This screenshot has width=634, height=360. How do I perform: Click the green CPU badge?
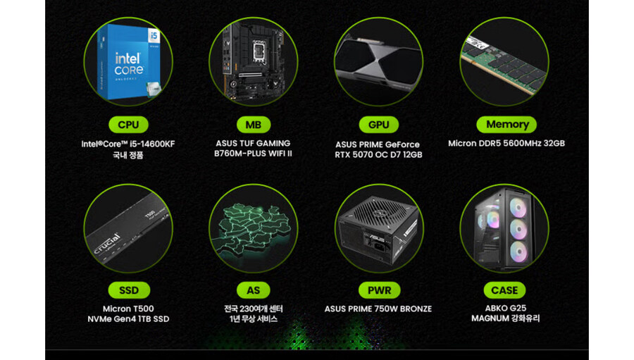coord(128,125)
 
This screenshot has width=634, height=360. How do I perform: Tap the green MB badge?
coord(253,125)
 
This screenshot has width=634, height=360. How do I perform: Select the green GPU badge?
coord(378,125)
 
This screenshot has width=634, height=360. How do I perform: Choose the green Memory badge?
coord(506,124)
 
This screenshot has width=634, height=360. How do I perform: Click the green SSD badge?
coord(129,290)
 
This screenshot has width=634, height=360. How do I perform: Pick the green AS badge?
coord(253,290)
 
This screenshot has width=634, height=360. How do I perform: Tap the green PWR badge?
coord(379,290)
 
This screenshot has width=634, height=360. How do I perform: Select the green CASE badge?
coord(504,290)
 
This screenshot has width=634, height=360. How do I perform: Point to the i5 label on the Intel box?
coord(154,36)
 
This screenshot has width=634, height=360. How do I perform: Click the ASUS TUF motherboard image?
coord(254,61)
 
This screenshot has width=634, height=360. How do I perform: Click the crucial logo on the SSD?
coord(107,244)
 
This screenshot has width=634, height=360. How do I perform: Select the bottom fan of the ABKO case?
coord(518,252)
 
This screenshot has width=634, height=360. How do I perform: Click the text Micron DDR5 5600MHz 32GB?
coord(506,143)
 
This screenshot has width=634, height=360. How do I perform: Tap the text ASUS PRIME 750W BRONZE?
coord(378,309)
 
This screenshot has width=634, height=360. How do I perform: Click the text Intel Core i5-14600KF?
coord(128,144)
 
